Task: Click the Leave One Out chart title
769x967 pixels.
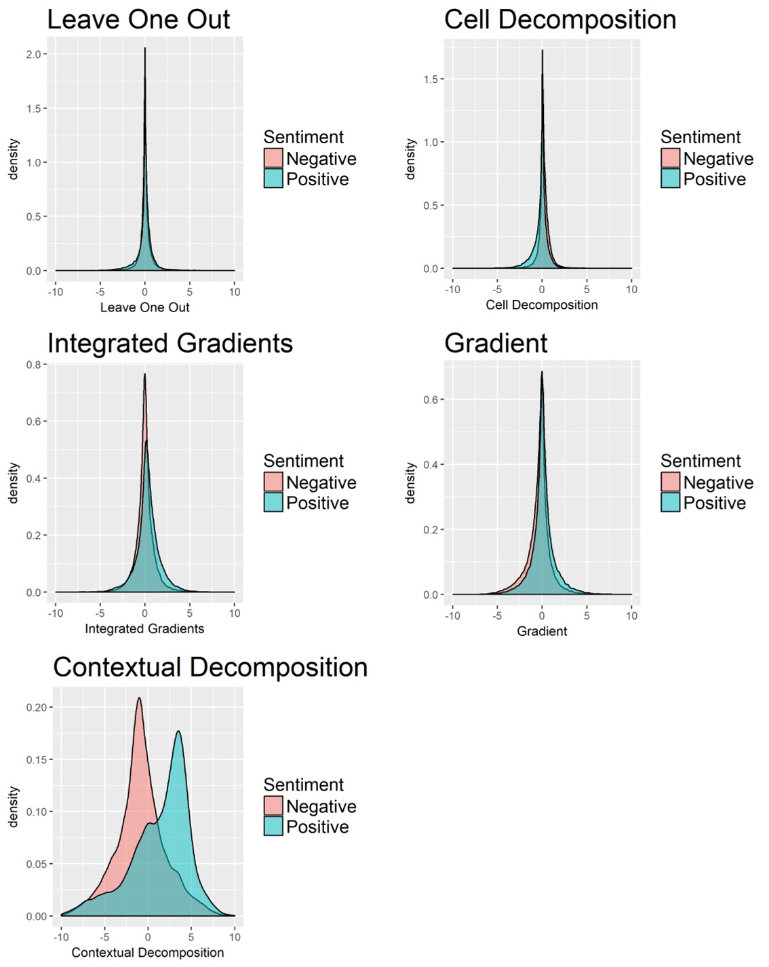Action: [x=138, y=20]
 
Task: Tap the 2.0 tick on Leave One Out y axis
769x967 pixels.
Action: [x=33, y=54]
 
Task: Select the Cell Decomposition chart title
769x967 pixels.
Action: [x=560, y=20]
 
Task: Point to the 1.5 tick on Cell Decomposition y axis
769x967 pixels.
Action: [x=430, y=79]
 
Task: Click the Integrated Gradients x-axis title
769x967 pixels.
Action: [x=144, y=629]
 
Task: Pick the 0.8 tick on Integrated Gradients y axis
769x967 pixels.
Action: [x=33, y=364]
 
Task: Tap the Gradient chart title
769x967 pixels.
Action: [x=496, y=343]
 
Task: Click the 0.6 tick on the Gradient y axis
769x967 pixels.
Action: [x=430, y=400]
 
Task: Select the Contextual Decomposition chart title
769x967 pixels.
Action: [x=210, y=667]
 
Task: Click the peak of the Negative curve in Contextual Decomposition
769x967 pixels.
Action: [x=139, y=698]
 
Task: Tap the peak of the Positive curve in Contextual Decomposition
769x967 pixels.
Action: [x=178, y=731]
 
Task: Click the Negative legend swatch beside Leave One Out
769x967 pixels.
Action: [x=273, y=158]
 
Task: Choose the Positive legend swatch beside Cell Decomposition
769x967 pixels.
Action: [x=670, y=178]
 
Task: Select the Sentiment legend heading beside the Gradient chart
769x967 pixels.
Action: [x=701, y=461]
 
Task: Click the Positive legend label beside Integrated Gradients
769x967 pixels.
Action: [x=317, y=503]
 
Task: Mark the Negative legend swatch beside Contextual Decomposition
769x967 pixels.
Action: [x=273, y=805]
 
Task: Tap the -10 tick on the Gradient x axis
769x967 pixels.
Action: [x=452, y=615]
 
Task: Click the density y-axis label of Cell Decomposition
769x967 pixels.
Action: [x=410, y=159]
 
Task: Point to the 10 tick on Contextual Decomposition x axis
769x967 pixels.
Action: [x=235, y=937]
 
